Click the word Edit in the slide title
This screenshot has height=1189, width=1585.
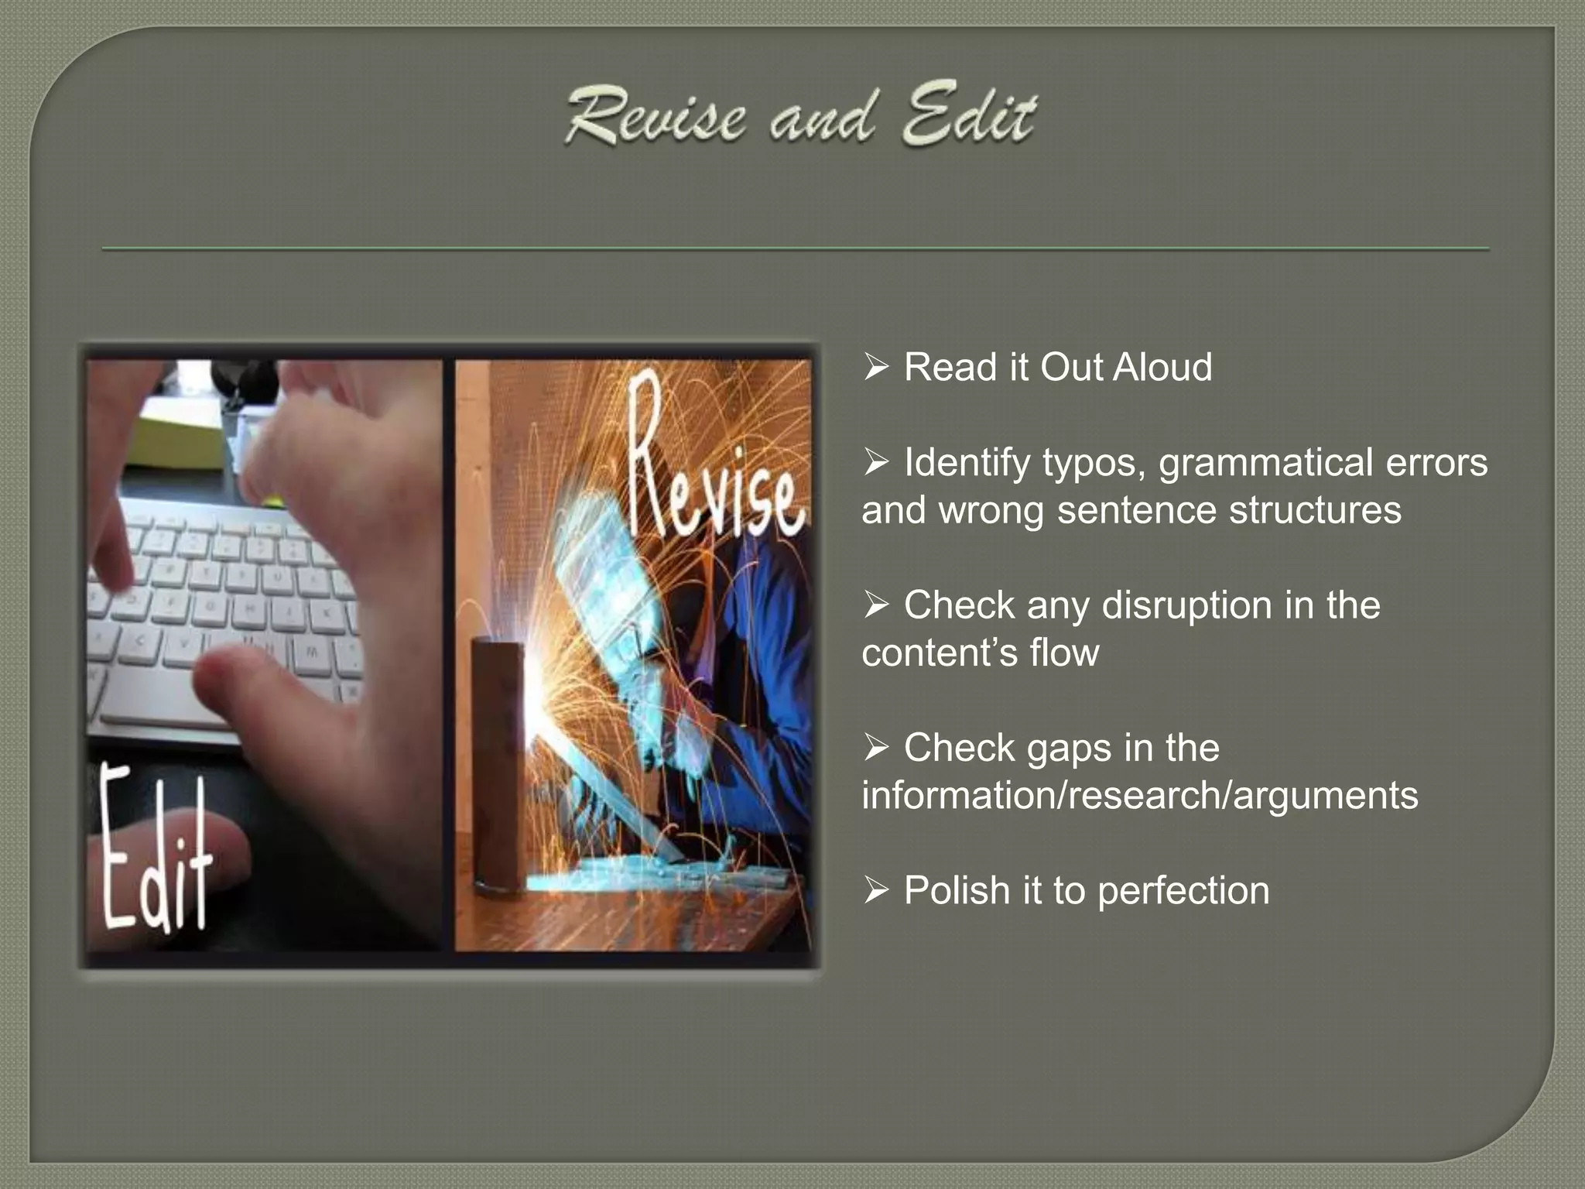tap(969, 118)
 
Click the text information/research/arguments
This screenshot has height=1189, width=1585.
tap(1139, 796)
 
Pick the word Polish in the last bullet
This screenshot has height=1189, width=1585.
tap(957, 891)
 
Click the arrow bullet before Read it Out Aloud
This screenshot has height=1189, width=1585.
tap(876, 368)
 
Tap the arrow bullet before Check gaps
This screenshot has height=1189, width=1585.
tap(876, 749)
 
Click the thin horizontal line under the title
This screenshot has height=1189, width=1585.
tap(796, 249)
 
